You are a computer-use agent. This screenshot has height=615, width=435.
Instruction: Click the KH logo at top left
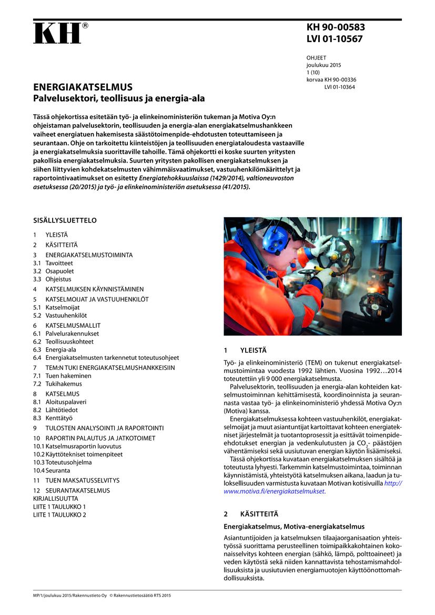[x=57, y=33]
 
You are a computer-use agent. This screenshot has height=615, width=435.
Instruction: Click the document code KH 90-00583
[x=336, y=28]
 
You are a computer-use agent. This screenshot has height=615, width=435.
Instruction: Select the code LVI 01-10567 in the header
[x=335, y=39]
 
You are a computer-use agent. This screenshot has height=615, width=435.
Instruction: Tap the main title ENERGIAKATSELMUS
[x=83, y=87]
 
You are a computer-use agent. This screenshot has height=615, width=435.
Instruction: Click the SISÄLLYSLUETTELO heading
[x=65, y=220]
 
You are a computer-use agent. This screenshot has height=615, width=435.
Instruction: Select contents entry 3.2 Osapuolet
[x=55, y=271]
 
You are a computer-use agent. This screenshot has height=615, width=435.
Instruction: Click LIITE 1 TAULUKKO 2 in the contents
[x=59, y=515]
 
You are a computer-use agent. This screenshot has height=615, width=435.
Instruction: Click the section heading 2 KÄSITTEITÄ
[x=251, y=513]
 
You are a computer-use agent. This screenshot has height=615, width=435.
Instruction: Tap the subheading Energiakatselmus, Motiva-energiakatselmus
[x=294, y=527]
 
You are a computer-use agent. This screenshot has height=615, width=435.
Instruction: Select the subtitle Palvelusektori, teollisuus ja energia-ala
[x=119, y=98]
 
